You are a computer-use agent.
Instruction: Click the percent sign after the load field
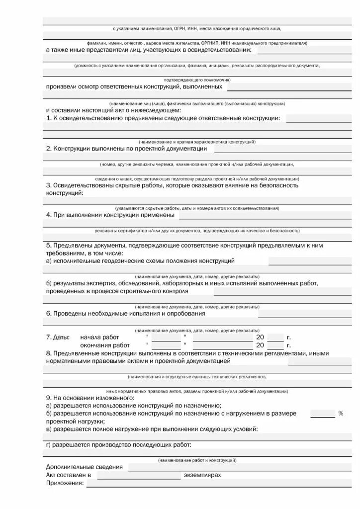(341, 413)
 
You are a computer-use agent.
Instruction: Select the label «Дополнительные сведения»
(84, 467)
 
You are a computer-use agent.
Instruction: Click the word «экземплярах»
(202, 475)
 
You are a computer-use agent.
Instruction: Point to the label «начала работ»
(99, 337)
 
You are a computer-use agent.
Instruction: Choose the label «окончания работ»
(104, 345)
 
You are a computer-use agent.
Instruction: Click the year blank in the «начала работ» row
(275, 337)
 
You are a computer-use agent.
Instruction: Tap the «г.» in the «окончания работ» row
(289, 345)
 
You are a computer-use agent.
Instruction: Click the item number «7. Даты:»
(58, 337)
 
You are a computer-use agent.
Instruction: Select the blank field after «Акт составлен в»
(139, 476)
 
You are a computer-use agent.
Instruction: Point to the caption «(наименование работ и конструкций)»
(197, 460)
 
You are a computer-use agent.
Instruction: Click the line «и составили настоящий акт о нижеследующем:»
(113, 110)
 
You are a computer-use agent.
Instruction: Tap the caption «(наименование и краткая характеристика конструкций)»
(197, 142)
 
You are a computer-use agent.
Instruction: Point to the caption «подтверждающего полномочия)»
(197, 80)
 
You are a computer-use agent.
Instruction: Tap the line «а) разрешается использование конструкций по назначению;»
(133, 406)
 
